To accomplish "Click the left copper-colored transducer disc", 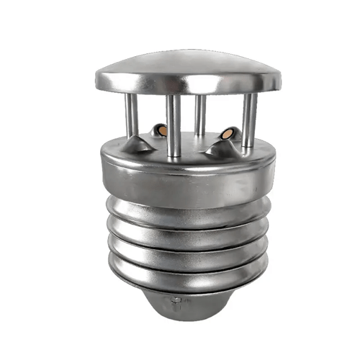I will pos(162,131).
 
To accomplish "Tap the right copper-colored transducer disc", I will pos(228,134).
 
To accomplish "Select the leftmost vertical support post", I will pos(132,117).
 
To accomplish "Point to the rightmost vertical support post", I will pos(248,119).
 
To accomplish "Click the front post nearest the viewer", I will pos(174,126).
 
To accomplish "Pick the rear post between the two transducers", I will pos(200,115).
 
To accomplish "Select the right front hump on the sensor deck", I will pos(219,147).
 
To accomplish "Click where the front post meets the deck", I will pos(174,154).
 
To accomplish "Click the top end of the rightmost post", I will pos(250,97).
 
